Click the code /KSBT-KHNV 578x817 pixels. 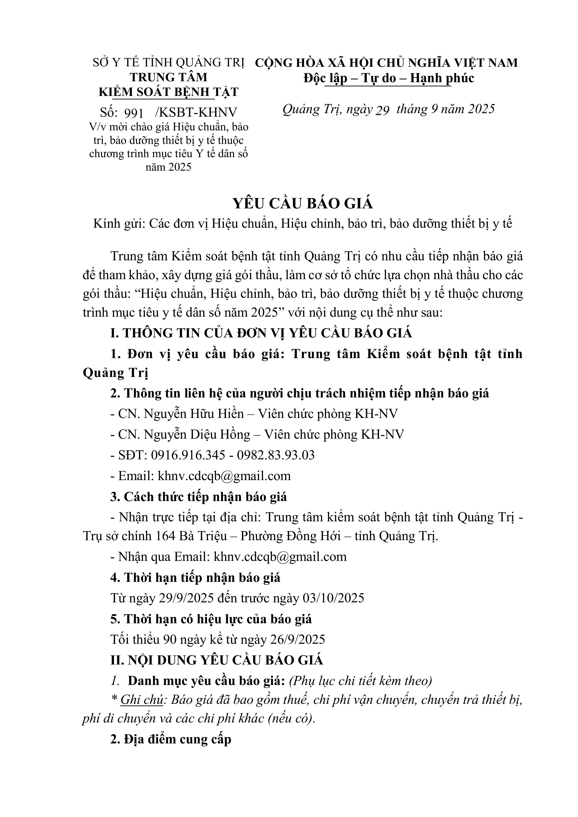[x=196, y=112]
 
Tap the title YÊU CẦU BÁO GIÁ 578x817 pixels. [x=303, y=203]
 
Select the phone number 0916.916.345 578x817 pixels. [x=188, y=455]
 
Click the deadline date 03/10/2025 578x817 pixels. [x=333, y=598]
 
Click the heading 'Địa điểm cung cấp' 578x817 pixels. [x=177, y=739]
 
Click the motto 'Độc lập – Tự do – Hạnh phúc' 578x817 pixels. [x=389, y=78]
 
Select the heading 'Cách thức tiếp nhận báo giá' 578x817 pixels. [x=205, y=497]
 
